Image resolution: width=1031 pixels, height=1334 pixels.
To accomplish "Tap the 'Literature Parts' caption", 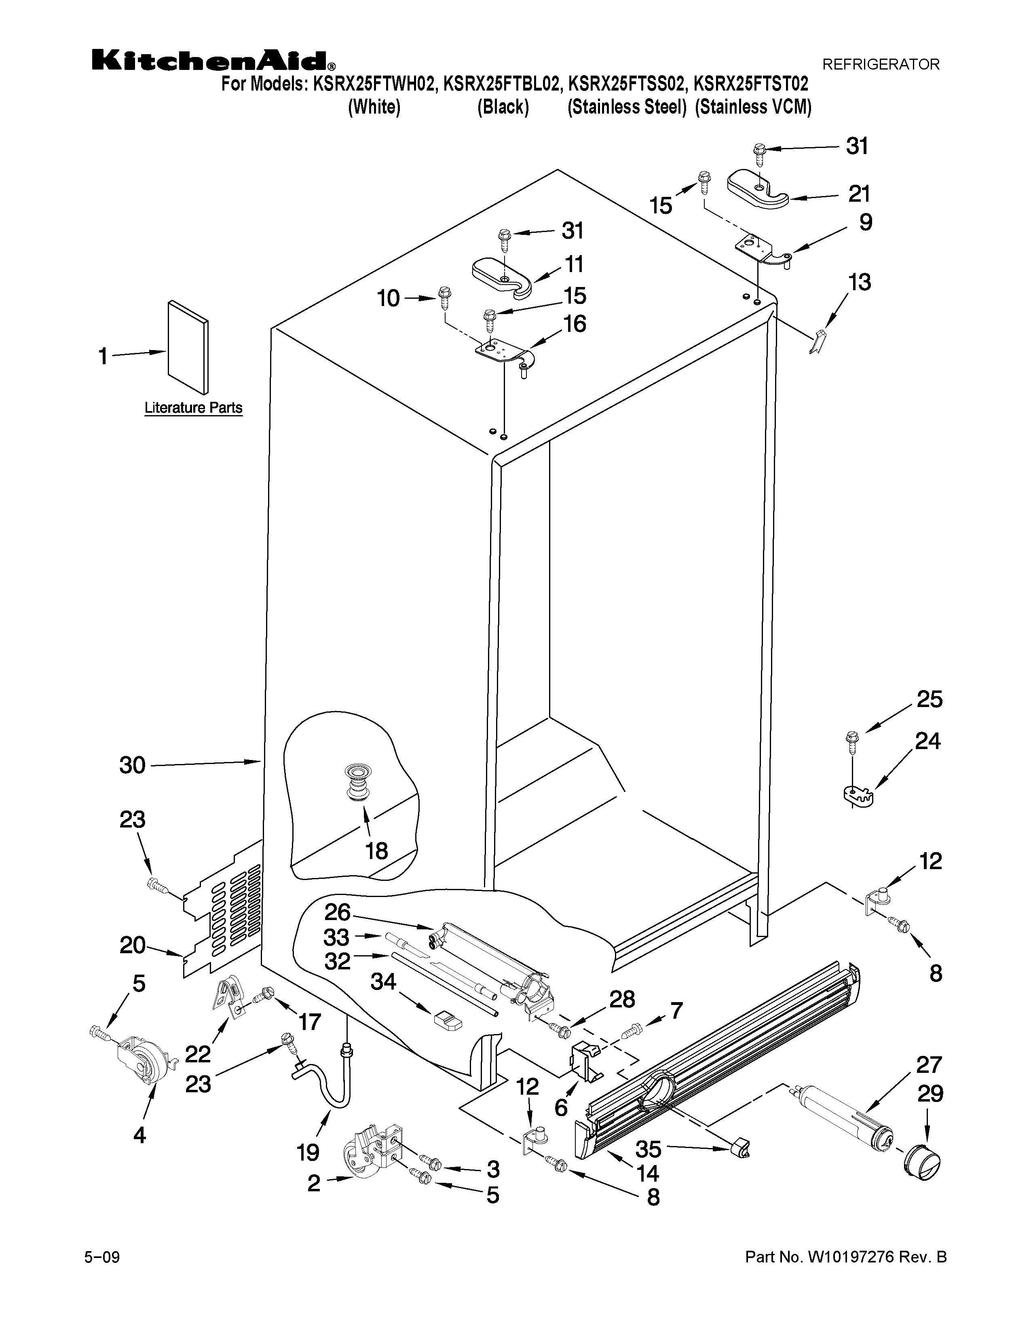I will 193,407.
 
